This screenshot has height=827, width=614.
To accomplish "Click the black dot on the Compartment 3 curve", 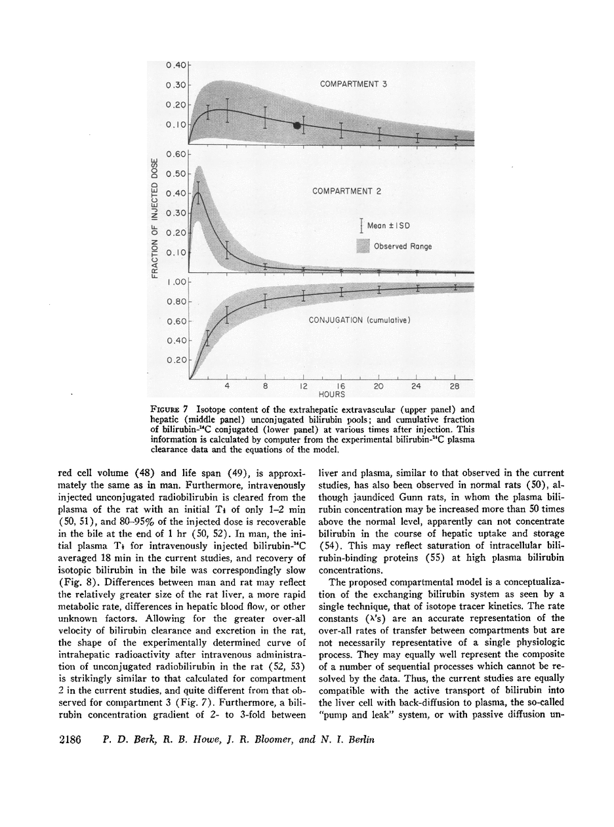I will point(297,125).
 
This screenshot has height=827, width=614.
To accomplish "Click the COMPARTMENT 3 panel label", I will point(354,84).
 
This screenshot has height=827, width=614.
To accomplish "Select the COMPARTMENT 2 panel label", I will point(346,192).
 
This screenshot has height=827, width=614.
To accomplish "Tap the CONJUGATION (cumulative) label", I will point(359,320).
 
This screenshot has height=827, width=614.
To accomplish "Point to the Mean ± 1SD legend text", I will point(388,226).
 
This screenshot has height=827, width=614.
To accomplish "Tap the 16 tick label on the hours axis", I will point(340,387).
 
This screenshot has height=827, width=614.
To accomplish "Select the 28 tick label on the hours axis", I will point(455,387).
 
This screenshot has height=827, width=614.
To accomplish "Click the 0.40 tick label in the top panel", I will point(176,65).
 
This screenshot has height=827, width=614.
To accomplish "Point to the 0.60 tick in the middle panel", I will point(176,154).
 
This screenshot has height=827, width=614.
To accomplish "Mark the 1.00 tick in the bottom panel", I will point(176,282).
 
